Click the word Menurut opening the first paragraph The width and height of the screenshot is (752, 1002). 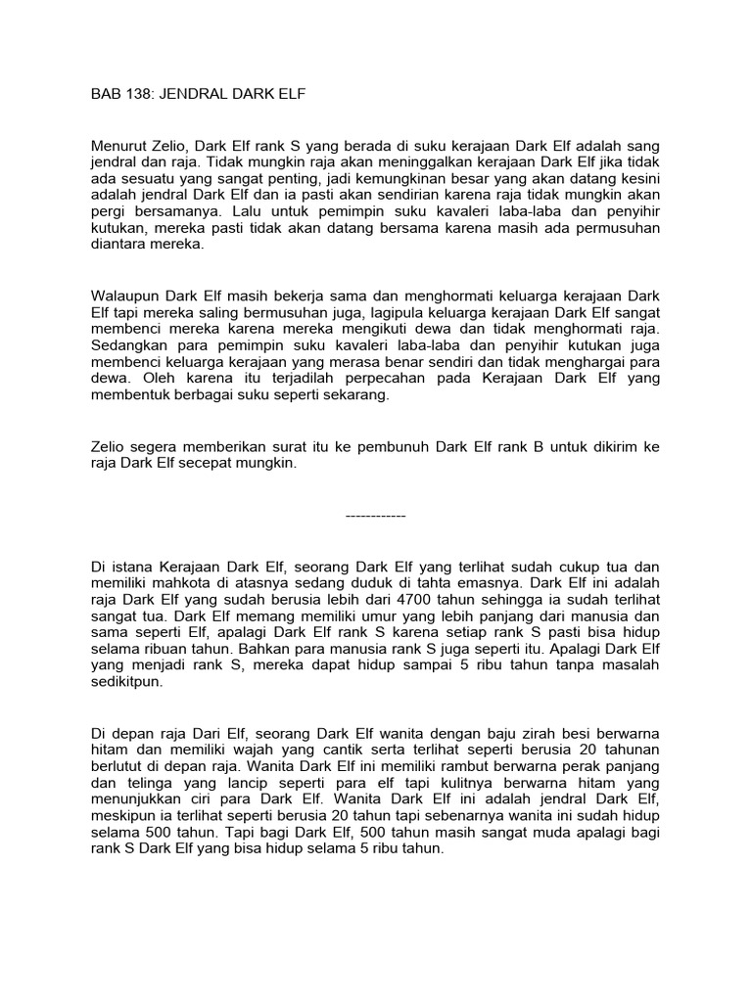(x=118, y=144)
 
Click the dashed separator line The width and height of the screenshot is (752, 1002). (x=376, y=515)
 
